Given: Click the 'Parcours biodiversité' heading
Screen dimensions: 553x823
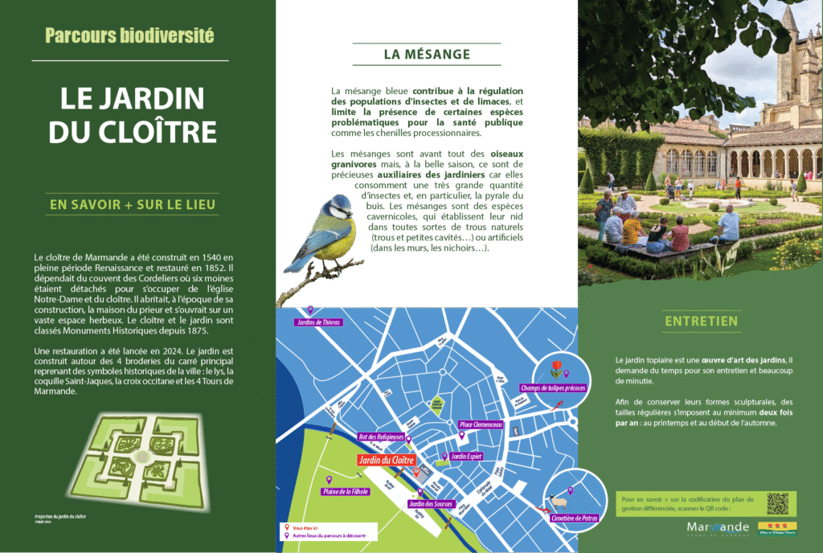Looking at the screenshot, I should pos(129,35).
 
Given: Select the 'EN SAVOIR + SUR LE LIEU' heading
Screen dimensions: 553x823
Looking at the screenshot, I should pos(133,204).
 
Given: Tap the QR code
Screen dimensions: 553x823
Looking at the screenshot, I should pos(778,503).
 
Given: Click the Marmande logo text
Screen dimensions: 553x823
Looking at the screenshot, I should pos(718,527).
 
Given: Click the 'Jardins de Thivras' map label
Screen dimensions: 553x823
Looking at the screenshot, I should pos(319,322).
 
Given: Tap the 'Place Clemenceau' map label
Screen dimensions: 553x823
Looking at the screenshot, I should pos(481,424).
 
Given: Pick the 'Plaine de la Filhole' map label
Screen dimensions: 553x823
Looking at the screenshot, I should pos(346,491).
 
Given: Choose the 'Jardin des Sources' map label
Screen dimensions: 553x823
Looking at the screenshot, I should pos(431,504).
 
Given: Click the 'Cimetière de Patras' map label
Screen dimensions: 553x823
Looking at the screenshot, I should pos(574,518).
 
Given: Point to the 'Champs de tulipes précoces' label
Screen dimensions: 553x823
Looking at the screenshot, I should pos(554,388).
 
